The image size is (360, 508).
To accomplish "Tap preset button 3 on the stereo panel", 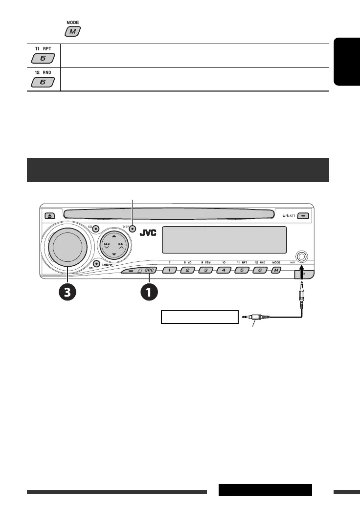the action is point(205,270).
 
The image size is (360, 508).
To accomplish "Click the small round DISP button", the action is point(133,229).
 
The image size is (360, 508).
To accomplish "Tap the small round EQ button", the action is point(95,229).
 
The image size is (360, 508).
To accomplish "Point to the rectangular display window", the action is point(224,239).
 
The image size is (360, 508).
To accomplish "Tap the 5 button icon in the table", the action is point(43,59).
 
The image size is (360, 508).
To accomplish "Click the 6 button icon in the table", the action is point(43,82).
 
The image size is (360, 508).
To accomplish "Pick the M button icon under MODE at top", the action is point(73,31).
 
